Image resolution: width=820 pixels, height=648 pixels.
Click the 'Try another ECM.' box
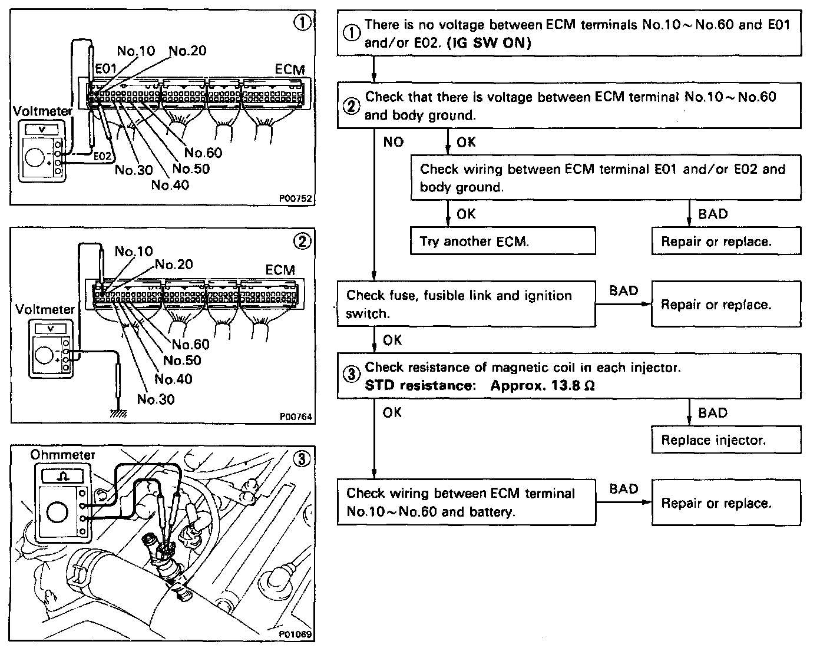click(x=502, y=241)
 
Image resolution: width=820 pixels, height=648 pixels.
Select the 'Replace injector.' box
click(x=726, y=440)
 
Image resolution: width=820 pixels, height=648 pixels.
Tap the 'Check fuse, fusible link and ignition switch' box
click(x=466, y=305)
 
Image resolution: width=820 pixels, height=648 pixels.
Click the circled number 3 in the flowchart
click(x=351, y=375)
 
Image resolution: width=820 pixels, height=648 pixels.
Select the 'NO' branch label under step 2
click(x=393, y=142)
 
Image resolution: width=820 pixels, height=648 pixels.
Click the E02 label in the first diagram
click(x=102, y=157)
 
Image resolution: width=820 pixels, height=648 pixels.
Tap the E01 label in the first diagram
click(x=107, y=69)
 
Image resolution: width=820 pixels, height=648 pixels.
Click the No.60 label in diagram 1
click(x=203, y=153)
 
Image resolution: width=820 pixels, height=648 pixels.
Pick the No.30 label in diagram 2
click(x=156, y=399)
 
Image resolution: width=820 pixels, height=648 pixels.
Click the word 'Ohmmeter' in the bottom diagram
click(x=62, y=455)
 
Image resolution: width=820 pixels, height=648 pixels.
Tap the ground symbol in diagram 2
click(x=118, y=414)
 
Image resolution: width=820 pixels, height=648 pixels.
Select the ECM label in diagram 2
click(x=280, y=270)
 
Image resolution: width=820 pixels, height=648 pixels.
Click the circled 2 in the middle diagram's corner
click(x=302, y=241)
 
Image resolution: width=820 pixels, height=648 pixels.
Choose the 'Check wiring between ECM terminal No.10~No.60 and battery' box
click(x=466, y=502)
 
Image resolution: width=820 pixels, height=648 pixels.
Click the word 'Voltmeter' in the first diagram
click(x=42, y=111)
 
